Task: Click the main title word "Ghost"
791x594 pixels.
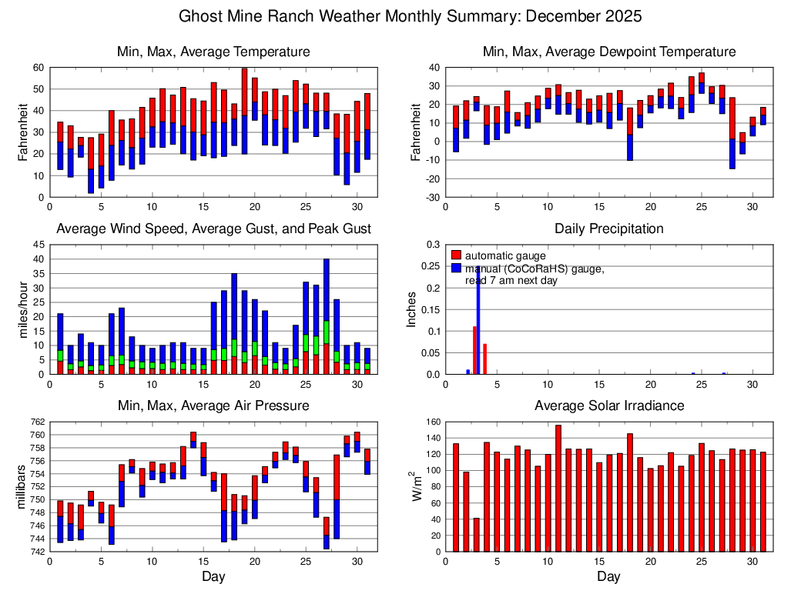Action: pos(201,16)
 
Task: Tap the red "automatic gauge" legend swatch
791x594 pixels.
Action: pos(456,255)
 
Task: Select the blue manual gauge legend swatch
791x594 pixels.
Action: pos(456,269)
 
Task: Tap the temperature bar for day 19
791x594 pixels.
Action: pos(244,112)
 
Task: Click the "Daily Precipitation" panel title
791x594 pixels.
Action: pos(608,229)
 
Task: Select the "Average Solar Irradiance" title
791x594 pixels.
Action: pos(608,405)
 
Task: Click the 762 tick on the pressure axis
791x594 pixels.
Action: pos(36,422)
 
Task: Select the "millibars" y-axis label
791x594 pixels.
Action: pos(21,486)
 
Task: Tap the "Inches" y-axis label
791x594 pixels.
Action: pos(411,309)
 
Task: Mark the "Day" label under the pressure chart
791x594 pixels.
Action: pos(213,576)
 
